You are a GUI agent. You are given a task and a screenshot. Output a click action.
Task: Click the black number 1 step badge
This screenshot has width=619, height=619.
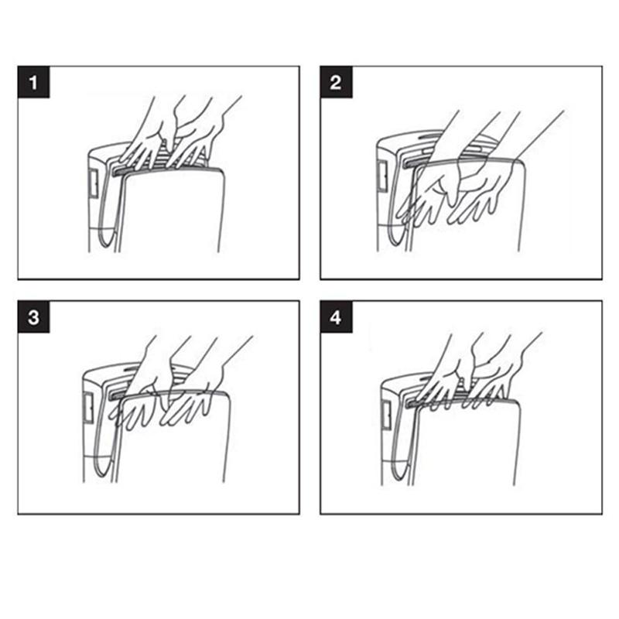(33, 82)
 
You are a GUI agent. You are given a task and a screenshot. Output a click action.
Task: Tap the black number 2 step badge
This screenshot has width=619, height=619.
(336, 82)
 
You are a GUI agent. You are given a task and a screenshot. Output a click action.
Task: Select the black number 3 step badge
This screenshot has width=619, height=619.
(33, 316)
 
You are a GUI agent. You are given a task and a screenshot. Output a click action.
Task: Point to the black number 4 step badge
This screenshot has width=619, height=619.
(336, 316)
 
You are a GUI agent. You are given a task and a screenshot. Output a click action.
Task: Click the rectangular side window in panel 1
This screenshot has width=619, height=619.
(94, 184)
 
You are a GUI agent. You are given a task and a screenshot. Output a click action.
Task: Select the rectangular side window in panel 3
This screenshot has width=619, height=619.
(88, 409)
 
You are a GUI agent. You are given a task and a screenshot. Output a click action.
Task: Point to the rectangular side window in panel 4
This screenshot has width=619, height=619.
(386, 416)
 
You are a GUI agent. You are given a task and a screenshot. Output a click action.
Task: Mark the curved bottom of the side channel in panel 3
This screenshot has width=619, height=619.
(104, 466)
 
